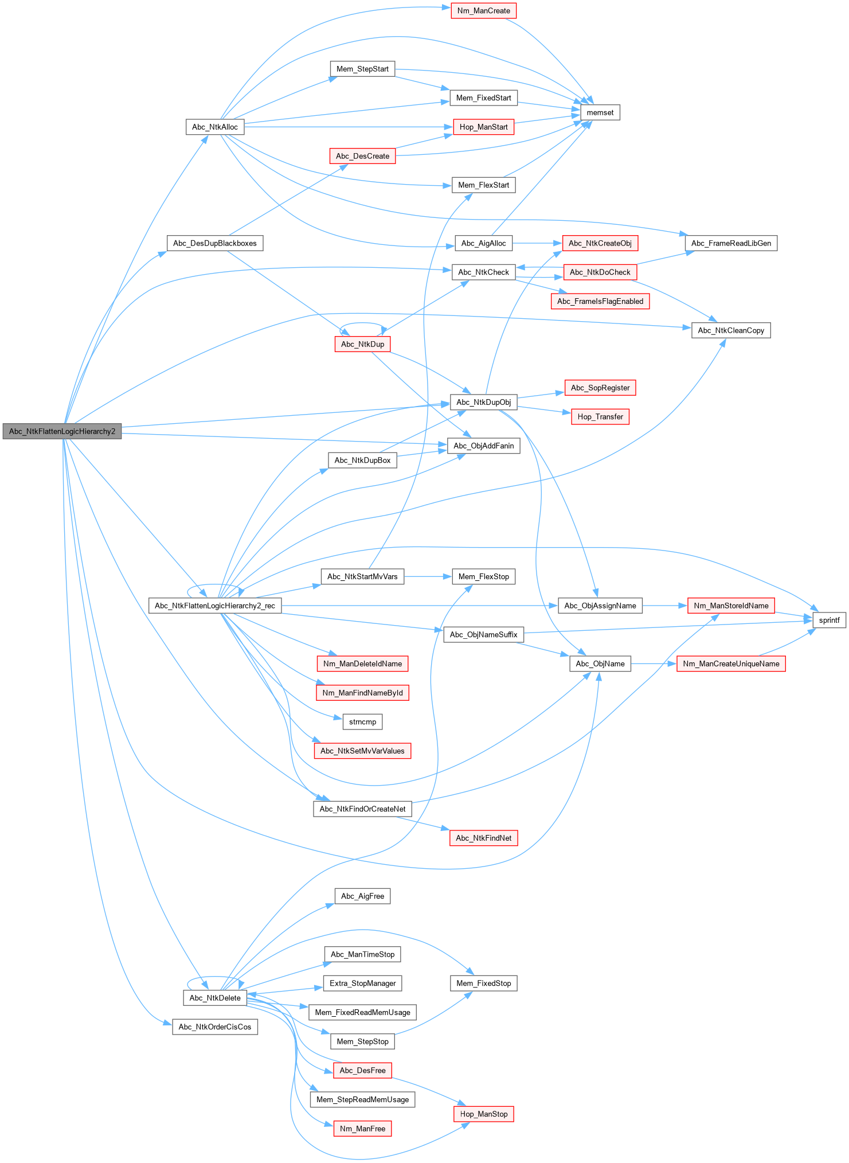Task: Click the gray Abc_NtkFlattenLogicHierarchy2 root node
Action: [x=62, y=431]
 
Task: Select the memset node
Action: [x=600, y=112]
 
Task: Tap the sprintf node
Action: [x=829, y=620]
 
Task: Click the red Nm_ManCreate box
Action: [x=483, y=11]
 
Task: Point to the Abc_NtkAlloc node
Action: [x=215, y=127]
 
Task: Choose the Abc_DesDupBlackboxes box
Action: [x=215, y=243]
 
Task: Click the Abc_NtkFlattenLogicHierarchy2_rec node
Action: [x=215, y=606]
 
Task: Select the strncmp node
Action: [x=362, y=722]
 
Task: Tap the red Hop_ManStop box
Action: [x=484, y=1114]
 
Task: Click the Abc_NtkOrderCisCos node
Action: [x=215, y=1027]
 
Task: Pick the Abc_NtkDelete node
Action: [x=215, y=998]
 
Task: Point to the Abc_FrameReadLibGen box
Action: [x=731, y=243]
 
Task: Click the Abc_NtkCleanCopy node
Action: [x=731, y=330]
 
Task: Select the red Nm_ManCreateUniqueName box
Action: [x=731, y=664]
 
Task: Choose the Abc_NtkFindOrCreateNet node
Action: [x=362, y=809]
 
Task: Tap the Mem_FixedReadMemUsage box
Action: [x=362, y=1013]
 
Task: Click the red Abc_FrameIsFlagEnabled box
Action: [x=600, y=302]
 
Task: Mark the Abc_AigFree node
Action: [x=362, y=896]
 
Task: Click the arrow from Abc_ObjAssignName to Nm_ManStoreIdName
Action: [x=665, y=606]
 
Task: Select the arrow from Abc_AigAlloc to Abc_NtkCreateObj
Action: [x=537, y=243]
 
